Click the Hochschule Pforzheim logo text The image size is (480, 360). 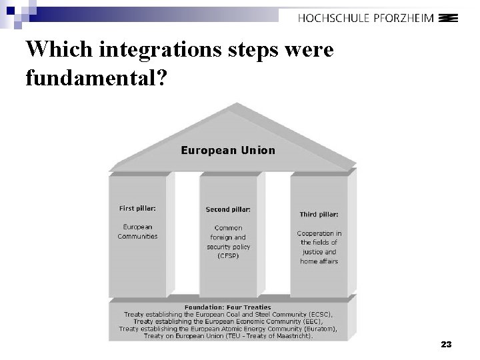click(x=366, y=18)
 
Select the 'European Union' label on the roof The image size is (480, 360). click(x=228, y=150)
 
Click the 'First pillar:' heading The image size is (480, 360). click(x=138, y=209)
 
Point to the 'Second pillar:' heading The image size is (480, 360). click(x=228, y=209)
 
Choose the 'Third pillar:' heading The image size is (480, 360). click(x=319, y=214)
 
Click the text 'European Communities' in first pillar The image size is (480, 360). click(x=138, y=231)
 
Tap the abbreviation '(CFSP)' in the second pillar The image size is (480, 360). click(x=228, y=256)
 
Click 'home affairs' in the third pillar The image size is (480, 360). click(x=319, y=261)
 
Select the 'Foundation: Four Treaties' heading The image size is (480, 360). click(x=228, y=307)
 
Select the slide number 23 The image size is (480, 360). click(x=447, y=345)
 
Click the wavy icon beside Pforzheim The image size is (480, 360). click(x=449, y=18)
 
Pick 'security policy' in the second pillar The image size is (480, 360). click(x=228, y=247)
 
